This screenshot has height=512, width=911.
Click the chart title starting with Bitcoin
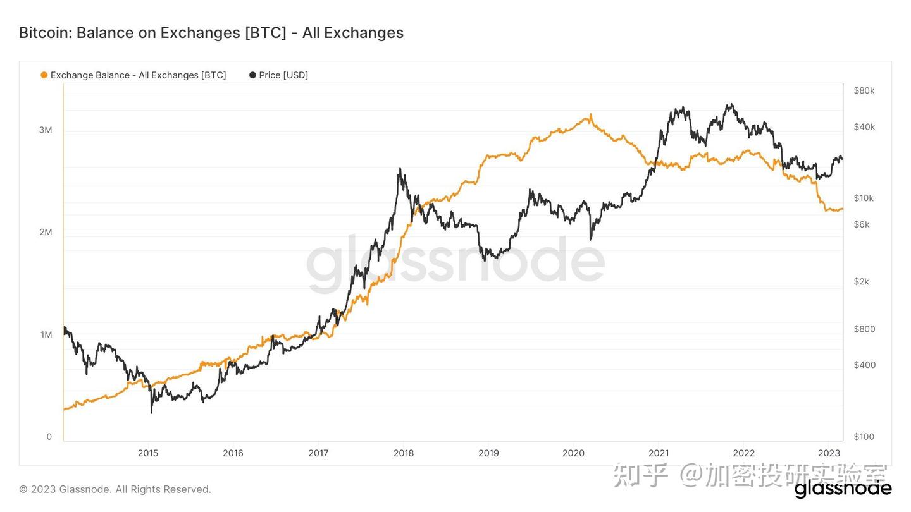pyautogui.click(x=211, y=33)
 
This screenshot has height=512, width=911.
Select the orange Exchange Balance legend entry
pyautogui.click(x=133, y=75)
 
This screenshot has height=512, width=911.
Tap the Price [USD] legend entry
pyautogui.click(x=279, y=75)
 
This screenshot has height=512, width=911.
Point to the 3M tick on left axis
pyautogui.click(x=46, y=130)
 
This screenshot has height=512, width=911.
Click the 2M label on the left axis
pyautogui.click(x=46, y=232)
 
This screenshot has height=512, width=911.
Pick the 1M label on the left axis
pyautogui.click(x=46, y=334)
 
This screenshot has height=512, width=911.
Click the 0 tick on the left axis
pyautogui.click(x=49, y=437)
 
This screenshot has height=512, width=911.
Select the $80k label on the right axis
pyautogui.click(x=864, y=90)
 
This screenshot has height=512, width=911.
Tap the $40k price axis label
pyautogui.click(x=864, y=127)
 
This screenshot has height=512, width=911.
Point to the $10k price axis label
pyautogui.click(x=864, y=198)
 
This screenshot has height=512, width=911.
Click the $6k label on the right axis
pyautogui.click(x=862, y=224)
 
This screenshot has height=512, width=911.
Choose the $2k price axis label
pyautogui.click(x=862, y=281)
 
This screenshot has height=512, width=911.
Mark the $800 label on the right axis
pyautogui.click(x=864, y=329)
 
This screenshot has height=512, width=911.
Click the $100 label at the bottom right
pyautogui.click(x=864, y=437)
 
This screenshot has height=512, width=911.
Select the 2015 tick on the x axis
pyautogui.click(x=148, y=453)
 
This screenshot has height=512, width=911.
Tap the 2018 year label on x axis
pyautogui.click(x=404, y=453)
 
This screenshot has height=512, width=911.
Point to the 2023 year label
pyautogui.click(x=829, y=453)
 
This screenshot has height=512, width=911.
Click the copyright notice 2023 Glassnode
pyautogui.click(x=115, y=489)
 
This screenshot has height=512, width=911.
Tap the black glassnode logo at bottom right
pyautogui.click(x=843, y=489)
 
